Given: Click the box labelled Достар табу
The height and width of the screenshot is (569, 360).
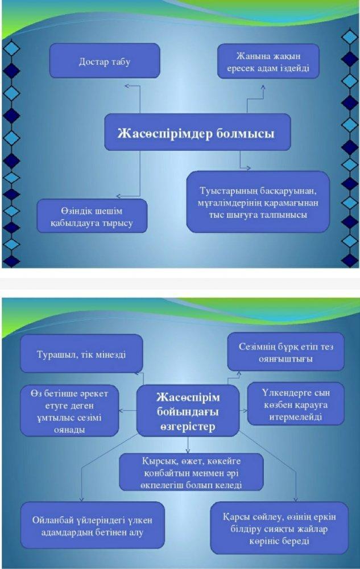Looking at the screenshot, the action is (105, 61).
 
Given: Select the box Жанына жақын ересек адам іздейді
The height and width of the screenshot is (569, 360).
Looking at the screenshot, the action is (268, 61).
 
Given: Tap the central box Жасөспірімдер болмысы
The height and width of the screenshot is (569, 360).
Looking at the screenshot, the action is (197, 132).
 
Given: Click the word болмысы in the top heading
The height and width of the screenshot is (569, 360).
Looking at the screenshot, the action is (246, 133).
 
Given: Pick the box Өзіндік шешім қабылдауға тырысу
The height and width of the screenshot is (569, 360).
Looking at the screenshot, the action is (92, 216).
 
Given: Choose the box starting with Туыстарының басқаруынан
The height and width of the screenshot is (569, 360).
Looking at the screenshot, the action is (258, 202).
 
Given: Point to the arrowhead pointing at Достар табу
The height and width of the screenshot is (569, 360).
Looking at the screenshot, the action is (126, 86).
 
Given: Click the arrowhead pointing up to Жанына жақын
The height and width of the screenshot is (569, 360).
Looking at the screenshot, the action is (263, 87).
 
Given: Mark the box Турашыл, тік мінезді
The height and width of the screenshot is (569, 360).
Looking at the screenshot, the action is (81, 354).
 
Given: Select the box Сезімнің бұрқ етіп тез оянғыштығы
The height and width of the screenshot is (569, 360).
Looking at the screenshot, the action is (285, 352).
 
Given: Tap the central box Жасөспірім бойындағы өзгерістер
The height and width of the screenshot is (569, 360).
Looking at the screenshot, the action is (188, 411).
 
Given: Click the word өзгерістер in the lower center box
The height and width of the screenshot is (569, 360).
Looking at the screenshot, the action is (188, 426).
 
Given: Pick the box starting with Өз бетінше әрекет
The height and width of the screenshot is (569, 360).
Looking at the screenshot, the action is (69, 411).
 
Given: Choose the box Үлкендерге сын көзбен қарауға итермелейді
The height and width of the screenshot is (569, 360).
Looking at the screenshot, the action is (296, 404).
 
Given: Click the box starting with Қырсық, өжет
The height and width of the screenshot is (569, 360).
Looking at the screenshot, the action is (192, 472).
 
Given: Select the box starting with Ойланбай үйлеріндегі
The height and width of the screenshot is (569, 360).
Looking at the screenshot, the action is (93, 525).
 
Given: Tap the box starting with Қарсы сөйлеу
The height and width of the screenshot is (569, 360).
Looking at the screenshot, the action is (279, 528).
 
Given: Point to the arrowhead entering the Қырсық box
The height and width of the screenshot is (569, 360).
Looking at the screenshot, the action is (188, 451).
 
